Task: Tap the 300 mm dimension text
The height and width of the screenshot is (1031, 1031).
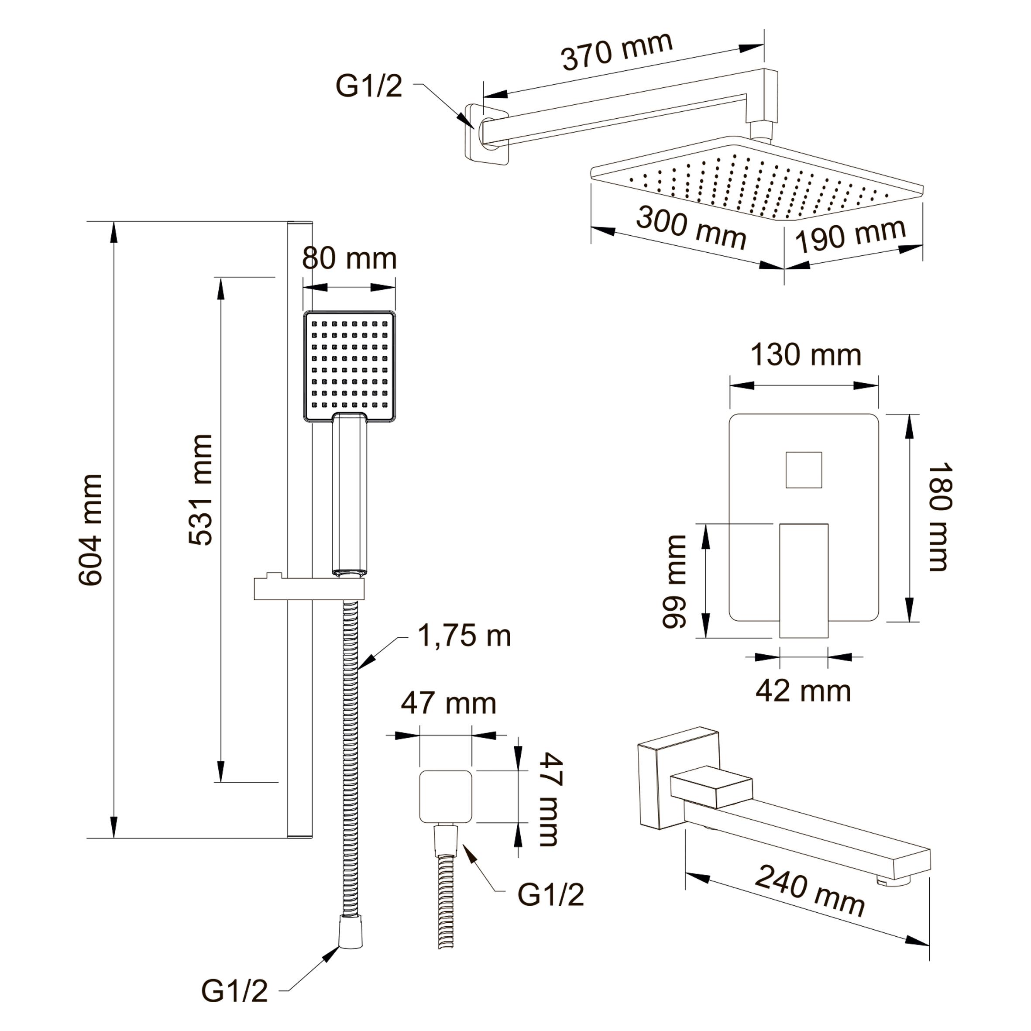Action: click(x=691, y=228)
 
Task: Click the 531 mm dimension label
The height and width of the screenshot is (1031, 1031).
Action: click(x=201, y=490)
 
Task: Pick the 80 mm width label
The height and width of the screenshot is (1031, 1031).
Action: click(x=350, y=259)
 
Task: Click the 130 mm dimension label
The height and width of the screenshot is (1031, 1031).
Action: click(x=806, y=355)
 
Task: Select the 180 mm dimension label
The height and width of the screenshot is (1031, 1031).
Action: click(x=940, y=517)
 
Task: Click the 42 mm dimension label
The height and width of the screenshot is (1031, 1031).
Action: click(x=804, y=691)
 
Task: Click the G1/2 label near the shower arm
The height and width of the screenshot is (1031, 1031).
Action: click(x=369, y=86)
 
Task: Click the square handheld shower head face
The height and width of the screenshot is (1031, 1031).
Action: click(x=350, y=367)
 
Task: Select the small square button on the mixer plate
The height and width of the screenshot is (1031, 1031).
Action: click(x=804, y=470)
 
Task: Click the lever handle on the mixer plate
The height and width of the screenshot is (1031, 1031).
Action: click(x=804, y=581)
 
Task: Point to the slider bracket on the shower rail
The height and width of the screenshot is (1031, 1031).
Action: click(x=309, y=587)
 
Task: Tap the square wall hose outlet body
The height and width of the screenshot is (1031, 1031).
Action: click(x=446, y=797)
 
